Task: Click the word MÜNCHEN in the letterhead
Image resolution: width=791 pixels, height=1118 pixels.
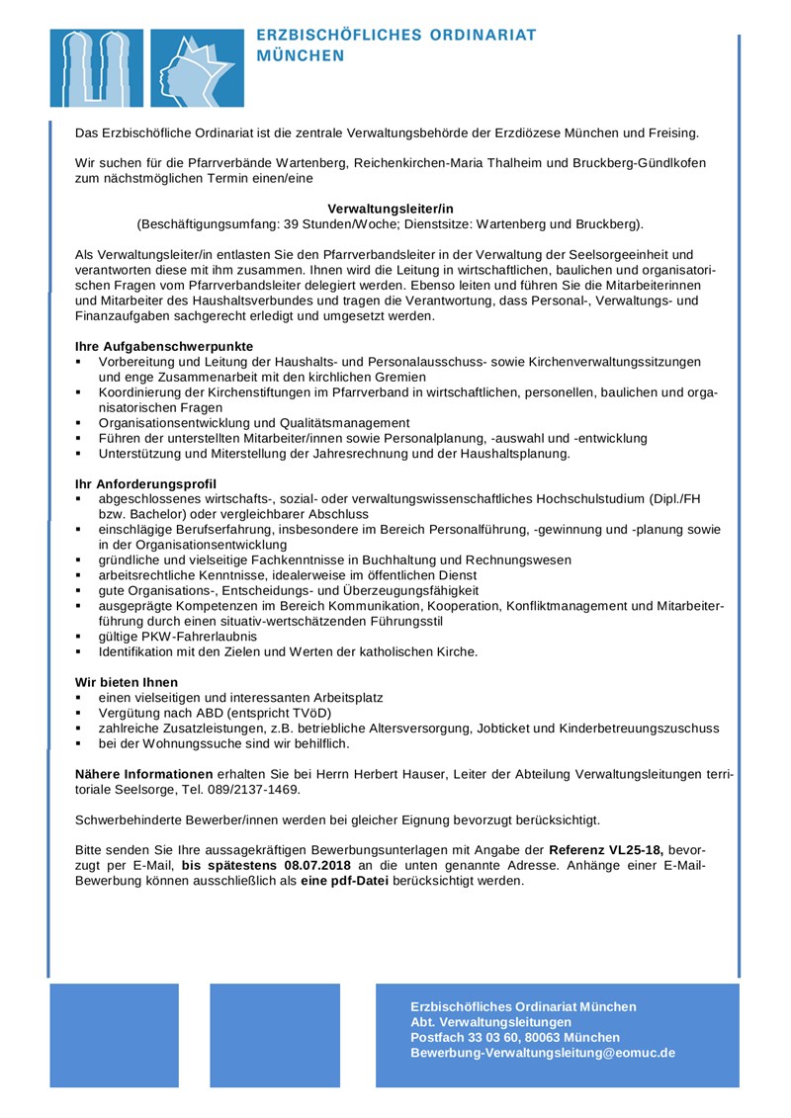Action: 301,56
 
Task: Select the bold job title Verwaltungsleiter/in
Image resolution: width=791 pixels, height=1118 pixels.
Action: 390,209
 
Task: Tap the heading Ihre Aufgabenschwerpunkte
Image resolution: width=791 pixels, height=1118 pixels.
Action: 164,347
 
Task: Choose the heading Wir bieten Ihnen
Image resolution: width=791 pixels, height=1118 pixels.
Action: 127,681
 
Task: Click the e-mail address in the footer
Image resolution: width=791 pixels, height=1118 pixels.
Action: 543,1053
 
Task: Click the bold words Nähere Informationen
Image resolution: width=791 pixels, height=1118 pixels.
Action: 143,774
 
